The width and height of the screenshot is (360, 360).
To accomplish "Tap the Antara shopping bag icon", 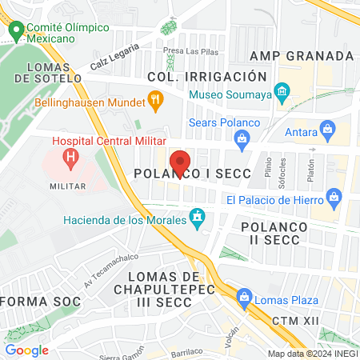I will pos(326,128).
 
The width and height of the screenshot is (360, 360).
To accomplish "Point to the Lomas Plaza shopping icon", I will pos(245,301).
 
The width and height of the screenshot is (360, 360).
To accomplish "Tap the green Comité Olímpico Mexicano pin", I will pos(15,31).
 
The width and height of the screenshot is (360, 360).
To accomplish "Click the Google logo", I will pos(26,350).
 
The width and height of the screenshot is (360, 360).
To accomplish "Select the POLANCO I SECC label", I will pos(193,173).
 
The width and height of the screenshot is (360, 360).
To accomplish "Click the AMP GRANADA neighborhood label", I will pos(302,56).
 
